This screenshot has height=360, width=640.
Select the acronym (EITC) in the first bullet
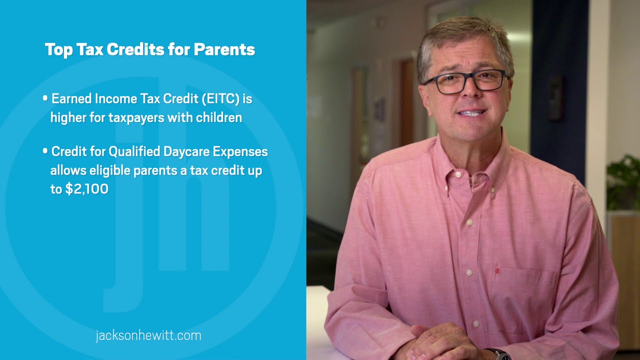221,99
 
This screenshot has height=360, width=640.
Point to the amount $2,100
86,189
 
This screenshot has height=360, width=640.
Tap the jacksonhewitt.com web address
148,335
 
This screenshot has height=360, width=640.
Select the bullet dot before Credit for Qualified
45,150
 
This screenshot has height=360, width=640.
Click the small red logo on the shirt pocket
497,271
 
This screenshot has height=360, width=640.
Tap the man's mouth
471,113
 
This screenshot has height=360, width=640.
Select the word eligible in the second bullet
110,170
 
